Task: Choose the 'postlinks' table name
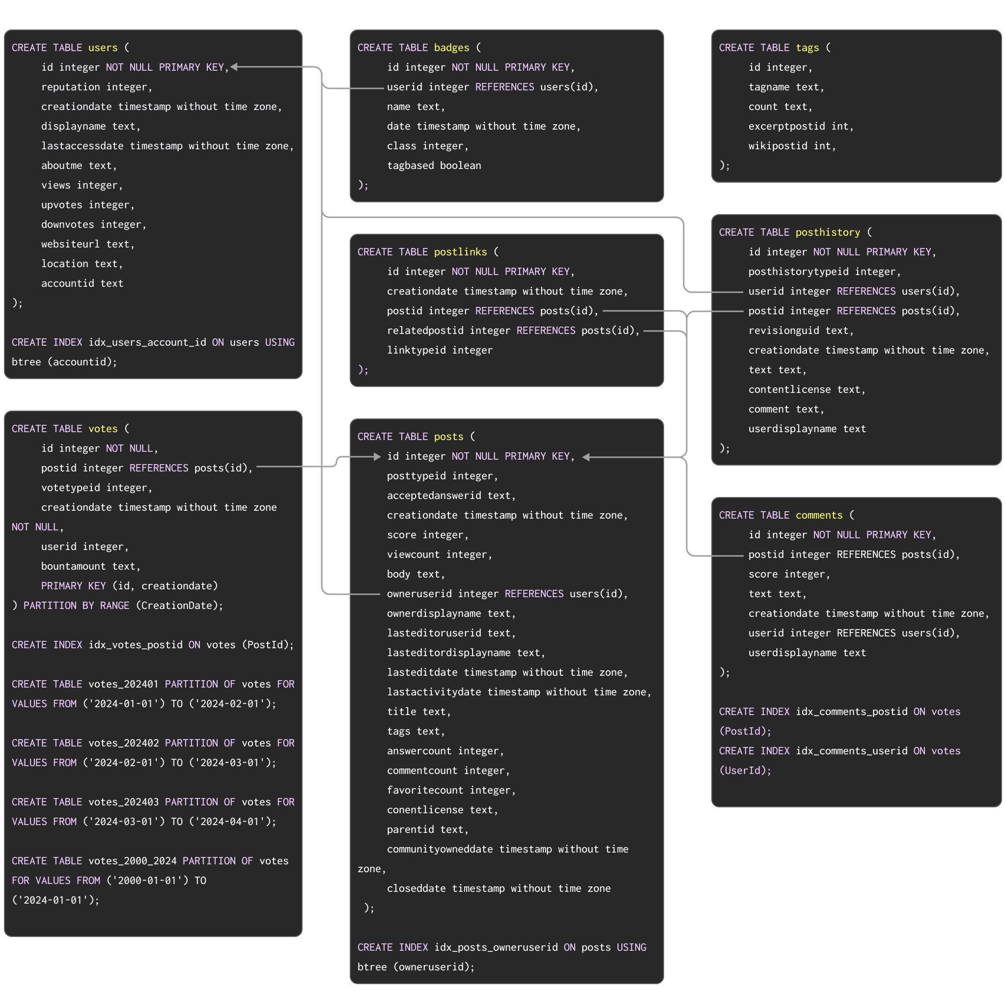460,252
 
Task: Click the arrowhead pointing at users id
234,67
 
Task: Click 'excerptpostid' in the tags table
786,127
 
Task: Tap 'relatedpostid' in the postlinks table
425,331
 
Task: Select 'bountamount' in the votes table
73,566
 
